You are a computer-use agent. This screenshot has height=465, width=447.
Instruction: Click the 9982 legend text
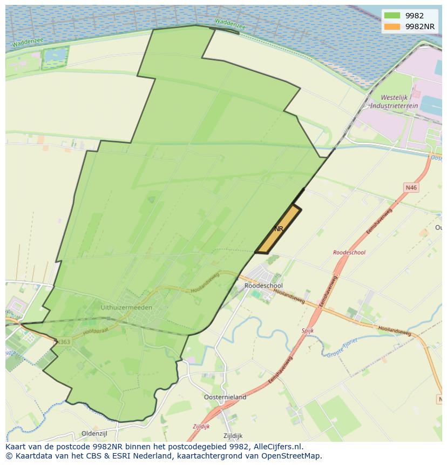click(414, 16)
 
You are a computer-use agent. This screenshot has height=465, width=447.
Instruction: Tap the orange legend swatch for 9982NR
click(392, 26)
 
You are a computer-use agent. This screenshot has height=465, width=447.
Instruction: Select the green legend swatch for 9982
click(392, 16)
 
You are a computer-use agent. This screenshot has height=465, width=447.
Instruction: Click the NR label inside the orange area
click(279, 229)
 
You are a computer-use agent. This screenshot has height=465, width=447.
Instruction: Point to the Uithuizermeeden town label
click(126, 307)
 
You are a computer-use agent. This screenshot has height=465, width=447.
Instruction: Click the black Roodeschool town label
click(263, 286)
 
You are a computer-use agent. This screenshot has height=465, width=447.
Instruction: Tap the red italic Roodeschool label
click(349, 252)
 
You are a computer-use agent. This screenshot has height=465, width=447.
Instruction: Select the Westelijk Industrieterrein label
click(399, 102)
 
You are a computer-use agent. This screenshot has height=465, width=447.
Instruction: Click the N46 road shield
click(411, 187)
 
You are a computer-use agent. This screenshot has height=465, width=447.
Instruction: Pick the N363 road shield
click(63, 342)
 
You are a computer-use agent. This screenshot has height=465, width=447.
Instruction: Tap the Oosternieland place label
click(225, 397)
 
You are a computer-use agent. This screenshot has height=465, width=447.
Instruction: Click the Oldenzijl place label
click(96, 434)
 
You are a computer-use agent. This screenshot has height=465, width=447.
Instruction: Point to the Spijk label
click(307, 330)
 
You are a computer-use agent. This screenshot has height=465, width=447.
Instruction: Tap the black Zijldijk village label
click(233, 436)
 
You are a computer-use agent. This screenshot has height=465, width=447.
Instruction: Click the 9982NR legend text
click(420, 26)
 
